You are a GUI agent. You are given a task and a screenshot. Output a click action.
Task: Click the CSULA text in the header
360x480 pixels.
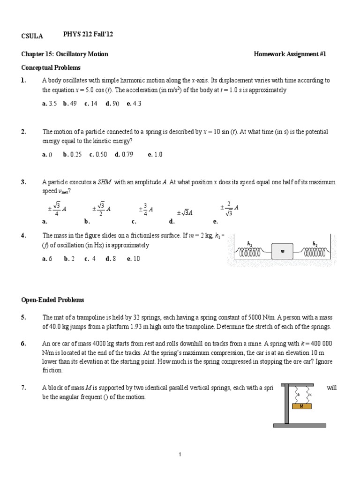click(32, 36)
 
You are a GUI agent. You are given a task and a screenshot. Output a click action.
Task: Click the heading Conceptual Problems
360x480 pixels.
click(51, 67)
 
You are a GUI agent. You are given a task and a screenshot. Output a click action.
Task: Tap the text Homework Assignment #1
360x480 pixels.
click(290, 54)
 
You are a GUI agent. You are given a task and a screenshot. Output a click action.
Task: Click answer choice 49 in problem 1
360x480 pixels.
click(73, 104)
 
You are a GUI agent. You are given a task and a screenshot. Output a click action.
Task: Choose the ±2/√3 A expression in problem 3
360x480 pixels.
click(230, 207)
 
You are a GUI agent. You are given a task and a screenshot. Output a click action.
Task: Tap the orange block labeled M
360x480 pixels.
click(301, 406)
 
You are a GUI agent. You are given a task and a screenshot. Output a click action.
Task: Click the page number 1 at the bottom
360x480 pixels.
click(180, 454)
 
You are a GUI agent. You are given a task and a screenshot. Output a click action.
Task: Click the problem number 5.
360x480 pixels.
click(23, 317)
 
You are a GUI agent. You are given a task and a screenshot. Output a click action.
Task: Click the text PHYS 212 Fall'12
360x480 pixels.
click(89, 35)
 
